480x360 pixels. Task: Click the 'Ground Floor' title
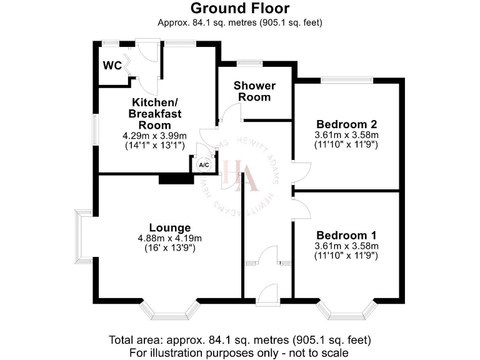pyautogui.click(x=240, y=9)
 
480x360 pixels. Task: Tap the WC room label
pyautogui.click(x=112, y=66)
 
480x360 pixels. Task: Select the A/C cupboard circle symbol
pyautogui.click(x=203, y=164)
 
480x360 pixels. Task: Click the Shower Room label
pyautogui.click(x=254, y=91)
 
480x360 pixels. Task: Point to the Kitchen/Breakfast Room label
pyautogui.click(x=155, y=113)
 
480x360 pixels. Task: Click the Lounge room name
pyautogui.click(x=170, y=227)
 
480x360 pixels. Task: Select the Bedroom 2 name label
pyautogui.click(x=346, y=123)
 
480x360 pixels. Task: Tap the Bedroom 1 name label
pyautogui.click(x=346, y=235)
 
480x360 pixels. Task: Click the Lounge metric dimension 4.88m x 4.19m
pyautogui.click(x=170, y=238)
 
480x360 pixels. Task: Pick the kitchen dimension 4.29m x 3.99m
pyautogui.click(x=155, y=136)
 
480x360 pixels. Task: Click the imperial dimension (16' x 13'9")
pyautogui.click(x=170, y=249)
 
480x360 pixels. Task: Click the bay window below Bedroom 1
pyautogui.click(x=346, y=309)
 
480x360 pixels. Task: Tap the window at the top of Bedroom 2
pyautogui.click(x=347, y=79)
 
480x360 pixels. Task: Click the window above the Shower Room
pyautogui.click(x=249, y=62)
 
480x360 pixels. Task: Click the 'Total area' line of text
pyautogui.click(x=240, y=341)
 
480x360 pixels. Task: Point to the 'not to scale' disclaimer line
pyautogui.click(x=240, y=352)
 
